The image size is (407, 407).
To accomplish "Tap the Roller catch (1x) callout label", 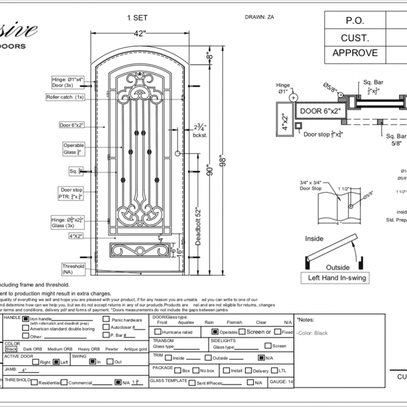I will point(65,97).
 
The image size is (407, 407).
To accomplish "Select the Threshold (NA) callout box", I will point(74,269).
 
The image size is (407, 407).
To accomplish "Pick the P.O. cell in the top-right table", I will point(354,21).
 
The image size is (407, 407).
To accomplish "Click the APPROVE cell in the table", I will point(354,53).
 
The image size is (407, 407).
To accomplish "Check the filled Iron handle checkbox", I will point(25,319).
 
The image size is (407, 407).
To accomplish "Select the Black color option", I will point(11,349).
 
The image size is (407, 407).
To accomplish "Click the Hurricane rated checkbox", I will point(157,332).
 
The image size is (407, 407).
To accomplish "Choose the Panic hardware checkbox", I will point(106,320).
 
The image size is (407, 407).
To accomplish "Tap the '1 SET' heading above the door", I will point(137,18).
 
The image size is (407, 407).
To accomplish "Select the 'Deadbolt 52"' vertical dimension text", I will point(199,227).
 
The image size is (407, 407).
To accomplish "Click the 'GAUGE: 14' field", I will point(281,382).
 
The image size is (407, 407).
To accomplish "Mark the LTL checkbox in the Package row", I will point(275,370).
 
